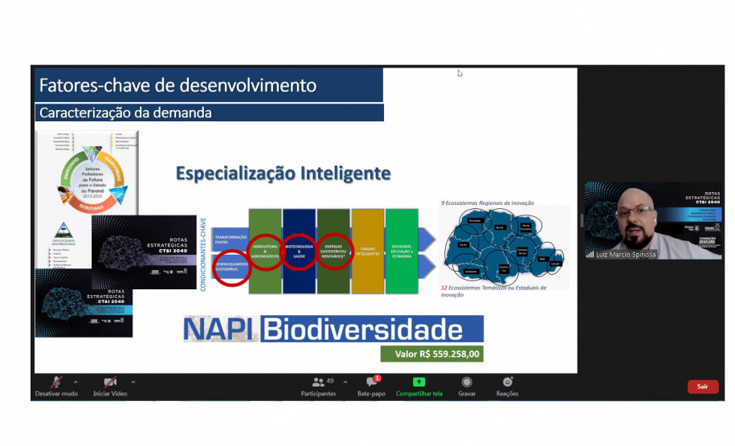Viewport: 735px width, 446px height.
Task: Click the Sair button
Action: [702, 387]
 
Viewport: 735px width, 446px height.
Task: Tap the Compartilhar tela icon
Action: [419, 382]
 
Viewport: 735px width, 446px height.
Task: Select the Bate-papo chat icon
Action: [371, 382]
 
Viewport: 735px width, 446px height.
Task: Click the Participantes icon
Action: [317, 382]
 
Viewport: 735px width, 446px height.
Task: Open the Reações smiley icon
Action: [507, 382]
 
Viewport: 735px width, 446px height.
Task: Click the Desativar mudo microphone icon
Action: [56, 382]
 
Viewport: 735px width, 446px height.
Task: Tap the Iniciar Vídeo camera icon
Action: [110, 382]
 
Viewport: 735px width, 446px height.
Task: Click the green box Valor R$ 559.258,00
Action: [432, 353]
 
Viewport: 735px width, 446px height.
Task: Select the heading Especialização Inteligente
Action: [283, 173]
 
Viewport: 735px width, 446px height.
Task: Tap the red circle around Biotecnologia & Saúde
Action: [299, 252]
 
